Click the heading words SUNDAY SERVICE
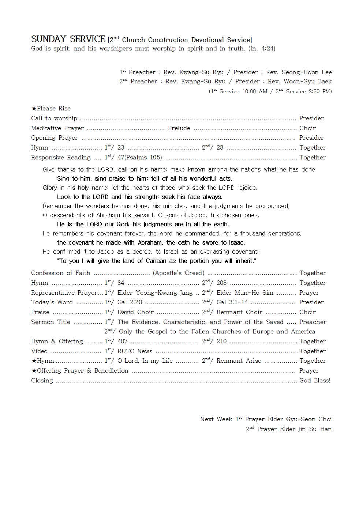[68, 39]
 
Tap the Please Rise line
[51, 109]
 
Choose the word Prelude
[179, 128]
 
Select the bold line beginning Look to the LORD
[140, 197]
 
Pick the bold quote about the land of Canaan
[157, 261]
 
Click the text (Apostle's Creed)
[179, 273]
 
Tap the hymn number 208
[221, 283]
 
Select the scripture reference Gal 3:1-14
[232, 302]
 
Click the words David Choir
[135, 312]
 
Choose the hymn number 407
[122, 342]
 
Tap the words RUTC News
[135, 351]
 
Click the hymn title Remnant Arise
[239, 361]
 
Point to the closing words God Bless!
[315, 381]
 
